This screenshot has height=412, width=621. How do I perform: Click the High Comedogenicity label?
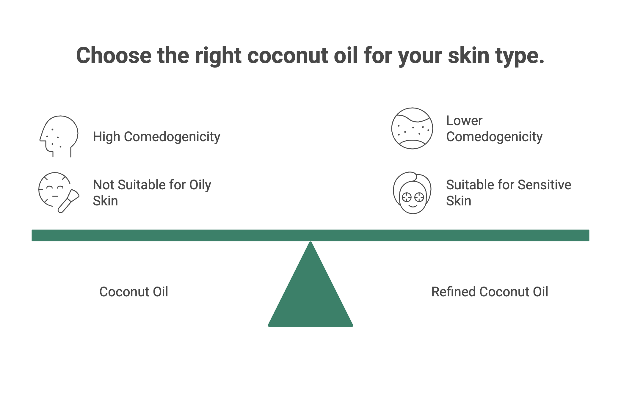click(156, 137)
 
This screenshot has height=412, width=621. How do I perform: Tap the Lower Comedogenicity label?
click(494, 129)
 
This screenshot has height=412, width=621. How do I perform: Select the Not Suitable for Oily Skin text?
click(152, 193)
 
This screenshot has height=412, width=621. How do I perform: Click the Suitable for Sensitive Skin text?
click(509, 193)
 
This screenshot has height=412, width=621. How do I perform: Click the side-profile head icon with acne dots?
click(59, 136)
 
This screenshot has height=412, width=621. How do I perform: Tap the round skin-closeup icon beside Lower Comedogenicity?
click(412, 128)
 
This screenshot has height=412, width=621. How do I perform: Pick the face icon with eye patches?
click(412, 193)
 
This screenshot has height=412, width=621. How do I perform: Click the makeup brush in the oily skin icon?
click(68, 201)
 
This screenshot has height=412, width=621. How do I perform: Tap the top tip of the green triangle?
click(310, 242)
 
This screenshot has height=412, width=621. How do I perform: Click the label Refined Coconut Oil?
click(490, 292)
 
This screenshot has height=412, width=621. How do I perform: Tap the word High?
click(106, 137)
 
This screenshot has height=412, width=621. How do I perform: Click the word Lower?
click(464, 121)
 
